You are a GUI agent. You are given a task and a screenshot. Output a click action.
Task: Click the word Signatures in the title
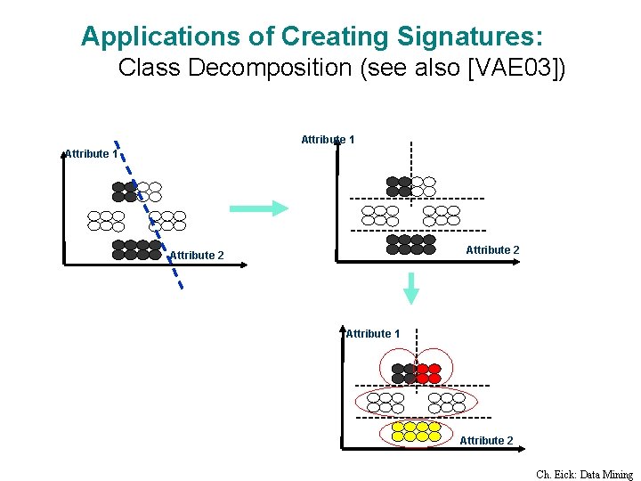464,37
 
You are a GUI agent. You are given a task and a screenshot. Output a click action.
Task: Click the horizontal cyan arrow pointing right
259,208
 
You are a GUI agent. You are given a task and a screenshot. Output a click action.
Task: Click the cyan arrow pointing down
411,288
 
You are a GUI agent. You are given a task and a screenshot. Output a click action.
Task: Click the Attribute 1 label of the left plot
91,153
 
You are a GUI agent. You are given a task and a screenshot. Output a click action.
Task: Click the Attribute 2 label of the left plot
197,256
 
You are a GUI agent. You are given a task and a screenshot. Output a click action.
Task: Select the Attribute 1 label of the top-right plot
328,139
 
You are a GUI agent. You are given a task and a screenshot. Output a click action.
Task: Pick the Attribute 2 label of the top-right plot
492,250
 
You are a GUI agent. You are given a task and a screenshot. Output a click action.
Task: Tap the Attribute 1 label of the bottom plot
373,333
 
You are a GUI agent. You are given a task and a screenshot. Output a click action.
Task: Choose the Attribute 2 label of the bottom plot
486,440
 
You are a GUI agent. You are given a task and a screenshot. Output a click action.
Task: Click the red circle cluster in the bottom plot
429,373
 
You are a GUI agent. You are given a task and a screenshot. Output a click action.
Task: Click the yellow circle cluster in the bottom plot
416,431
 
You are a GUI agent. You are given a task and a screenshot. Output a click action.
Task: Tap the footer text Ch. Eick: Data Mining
584,475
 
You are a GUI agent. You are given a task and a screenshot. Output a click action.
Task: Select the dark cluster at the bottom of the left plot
137,249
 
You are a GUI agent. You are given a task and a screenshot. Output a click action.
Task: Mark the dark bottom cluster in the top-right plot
411,244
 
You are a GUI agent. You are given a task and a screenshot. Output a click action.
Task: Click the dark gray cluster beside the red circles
403,373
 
